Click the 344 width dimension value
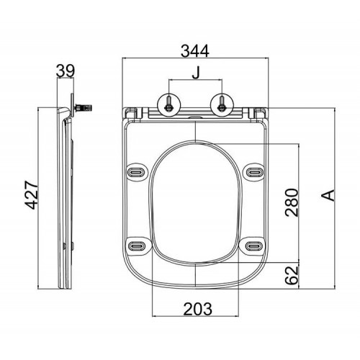[x=195, y=51]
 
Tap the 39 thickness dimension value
[x=66, y=71]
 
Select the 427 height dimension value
[x=32, y=195]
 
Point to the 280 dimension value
[x=292, y=202]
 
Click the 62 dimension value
[x=292, y=275]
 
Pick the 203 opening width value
[x=198, y=309]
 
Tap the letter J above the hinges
[x=196, y=73]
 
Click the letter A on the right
[x=328, y=195]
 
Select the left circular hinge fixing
[x=169, y=105]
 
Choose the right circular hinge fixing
[x=222, y=105]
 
